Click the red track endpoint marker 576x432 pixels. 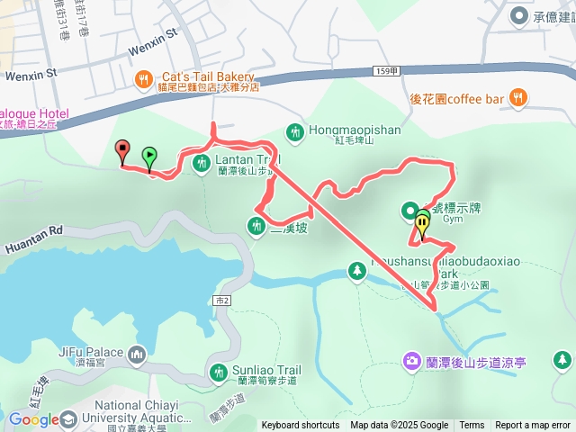(122, 151)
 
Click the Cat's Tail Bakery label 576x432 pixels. (208, 77)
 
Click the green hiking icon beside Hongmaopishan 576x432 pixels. (293, 132)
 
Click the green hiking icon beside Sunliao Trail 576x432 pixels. (219, 372)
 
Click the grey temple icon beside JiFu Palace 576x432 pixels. (137, 355)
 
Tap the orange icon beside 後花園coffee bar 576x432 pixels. (517, 97)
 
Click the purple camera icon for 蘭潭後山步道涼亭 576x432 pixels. (411, 361)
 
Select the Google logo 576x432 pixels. (33, 419)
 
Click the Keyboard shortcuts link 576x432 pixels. (301, 426)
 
